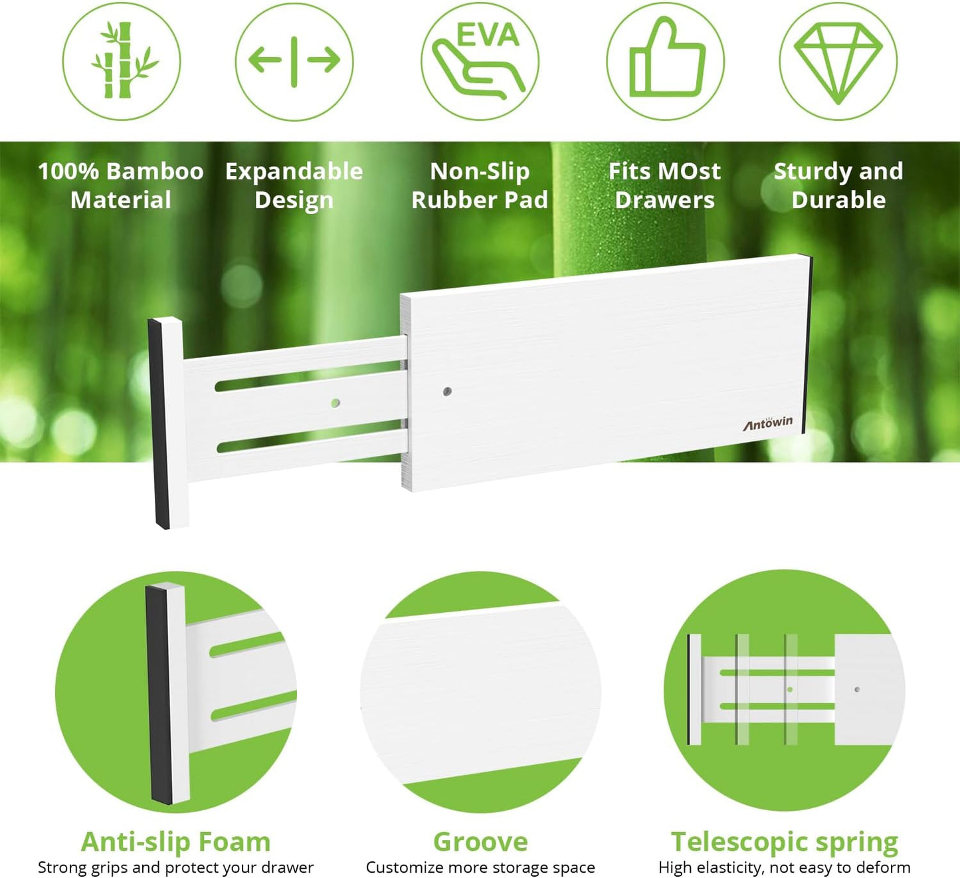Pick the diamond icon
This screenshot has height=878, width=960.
click(838, 61)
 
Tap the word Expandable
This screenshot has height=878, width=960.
click(294, 171)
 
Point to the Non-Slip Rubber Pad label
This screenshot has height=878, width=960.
click(480, 185)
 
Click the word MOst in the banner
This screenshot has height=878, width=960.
click(691, 171)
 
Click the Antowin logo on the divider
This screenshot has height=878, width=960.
click(768, 423)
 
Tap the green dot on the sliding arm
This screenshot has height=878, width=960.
click(336, 403)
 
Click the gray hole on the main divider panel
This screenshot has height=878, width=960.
click(447, 391)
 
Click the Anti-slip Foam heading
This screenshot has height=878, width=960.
click(175, 841)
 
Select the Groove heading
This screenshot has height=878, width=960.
click(480, 841)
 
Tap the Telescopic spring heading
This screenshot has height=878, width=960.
click(785, 841)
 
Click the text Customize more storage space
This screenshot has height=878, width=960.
click(480, 867)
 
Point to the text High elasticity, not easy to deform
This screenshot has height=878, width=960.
click(785, 867)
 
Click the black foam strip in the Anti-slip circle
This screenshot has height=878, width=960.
click(159, 695)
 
